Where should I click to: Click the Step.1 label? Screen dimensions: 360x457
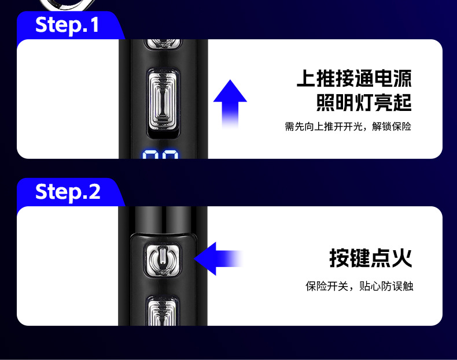point(67,25)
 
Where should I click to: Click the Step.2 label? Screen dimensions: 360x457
point(68,191)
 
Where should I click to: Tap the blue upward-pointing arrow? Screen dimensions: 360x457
point(230,103)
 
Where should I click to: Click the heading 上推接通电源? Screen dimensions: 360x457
point(354,79)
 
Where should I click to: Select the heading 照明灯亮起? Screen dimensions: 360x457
point(364,103)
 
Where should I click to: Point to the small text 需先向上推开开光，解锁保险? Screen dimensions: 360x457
point(348,127)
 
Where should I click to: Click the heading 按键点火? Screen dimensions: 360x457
point(371,258)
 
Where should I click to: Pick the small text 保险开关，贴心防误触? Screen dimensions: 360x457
point(359,286)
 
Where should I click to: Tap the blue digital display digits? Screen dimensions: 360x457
point(161,156)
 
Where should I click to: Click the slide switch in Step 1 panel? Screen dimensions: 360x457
point(163,99)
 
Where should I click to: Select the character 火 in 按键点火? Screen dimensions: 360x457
point(402,258)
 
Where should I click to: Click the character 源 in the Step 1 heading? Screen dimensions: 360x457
point(401,79)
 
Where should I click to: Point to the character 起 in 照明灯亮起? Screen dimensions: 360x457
point(402,103)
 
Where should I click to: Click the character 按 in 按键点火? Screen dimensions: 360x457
point(340,258)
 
